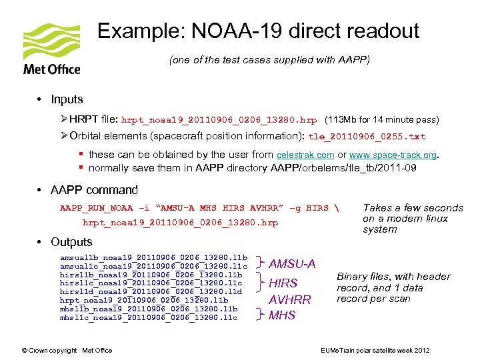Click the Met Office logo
51,50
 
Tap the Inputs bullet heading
67,99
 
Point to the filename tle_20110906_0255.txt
367,137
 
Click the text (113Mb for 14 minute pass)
381,120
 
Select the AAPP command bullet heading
94,190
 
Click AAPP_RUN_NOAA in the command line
93,208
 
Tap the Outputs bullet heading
71,241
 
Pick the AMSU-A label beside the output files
292,264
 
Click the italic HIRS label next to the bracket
283,283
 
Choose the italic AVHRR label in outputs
290,299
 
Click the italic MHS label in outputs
282,315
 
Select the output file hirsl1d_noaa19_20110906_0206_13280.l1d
151,291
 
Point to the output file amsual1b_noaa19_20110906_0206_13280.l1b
153,257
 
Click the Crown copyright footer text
67,350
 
